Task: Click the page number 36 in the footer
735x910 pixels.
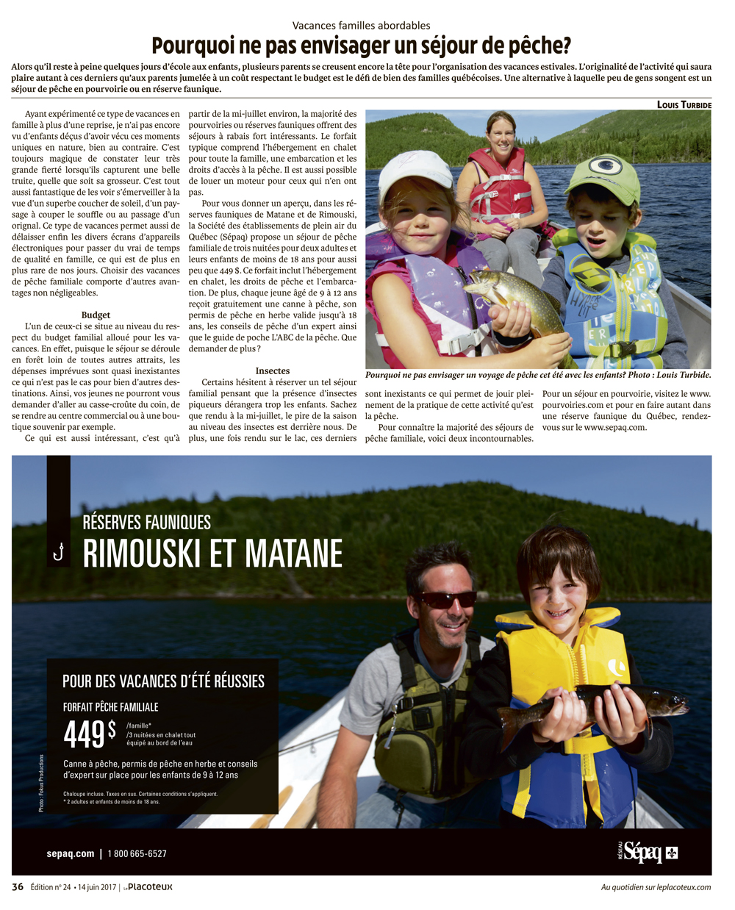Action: tap(18, 886)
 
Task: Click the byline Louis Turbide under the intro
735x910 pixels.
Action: tap(684, 104)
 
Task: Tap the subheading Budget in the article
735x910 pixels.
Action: tap(96, 315)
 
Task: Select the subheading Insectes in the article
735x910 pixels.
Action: tap(273, 371)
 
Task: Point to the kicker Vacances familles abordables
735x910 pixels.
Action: tap(361, 26)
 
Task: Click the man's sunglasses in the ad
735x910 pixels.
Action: tap(447, 599)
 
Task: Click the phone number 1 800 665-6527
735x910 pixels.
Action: tap(137, 853)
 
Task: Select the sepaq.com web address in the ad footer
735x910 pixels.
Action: tap(71, 853)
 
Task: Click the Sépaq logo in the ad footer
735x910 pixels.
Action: tap(647, 853)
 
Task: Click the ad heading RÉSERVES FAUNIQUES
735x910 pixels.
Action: tap(147, 522)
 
